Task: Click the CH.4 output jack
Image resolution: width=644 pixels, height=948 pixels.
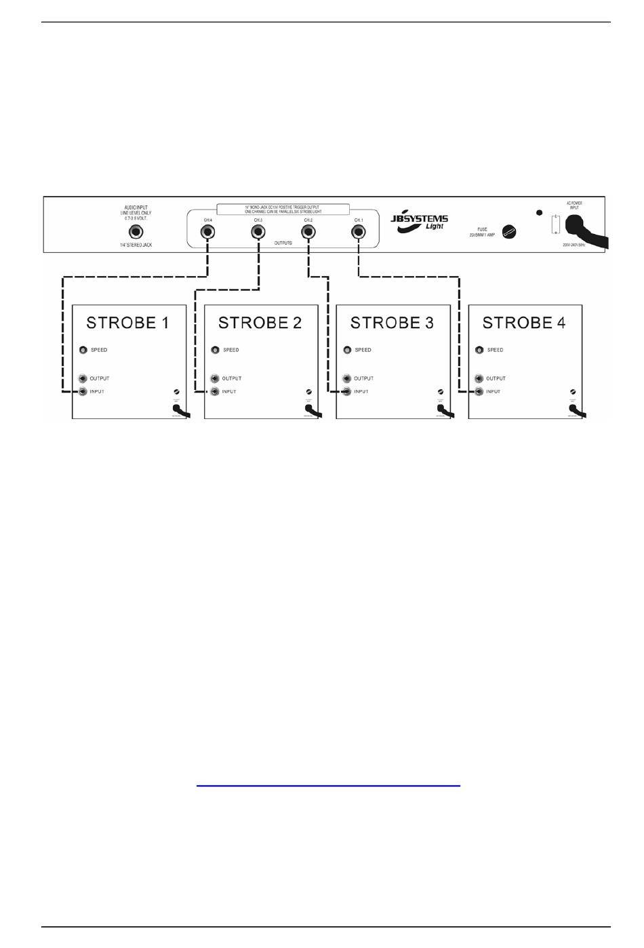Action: (206, 231)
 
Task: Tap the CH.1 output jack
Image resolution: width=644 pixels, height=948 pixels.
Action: (358, 231)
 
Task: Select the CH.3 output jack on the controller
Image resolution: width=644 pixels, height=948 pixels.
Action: (258, 231)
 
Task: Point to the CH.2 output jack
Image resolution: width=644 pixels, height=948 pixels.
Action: (308, 231)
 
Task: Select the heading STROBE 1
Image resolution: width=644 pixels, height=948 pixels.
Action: (127, 323)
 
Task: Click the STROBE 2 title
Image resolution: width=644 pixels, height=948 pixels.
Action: (260, 323)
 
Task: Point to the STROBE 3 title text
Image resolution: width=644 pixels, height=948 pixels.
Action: (392, 323)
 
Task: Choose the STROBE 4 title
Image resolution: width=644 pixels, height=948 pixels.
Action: (524, 323)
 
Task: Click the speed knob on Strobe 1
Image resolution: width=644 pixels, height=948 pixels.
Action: (83, 350)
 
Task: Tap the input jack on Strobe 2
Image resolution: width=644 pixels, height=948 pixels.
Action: (215, 391)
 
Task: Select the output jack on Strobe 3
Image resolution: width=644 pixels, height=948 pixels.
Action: (347, 378)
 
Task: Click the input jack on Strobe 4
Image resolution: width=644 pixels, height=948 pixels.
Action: (479, 391)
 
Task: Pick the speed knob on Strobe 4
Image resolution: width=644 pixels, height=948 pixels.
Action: (479, 350)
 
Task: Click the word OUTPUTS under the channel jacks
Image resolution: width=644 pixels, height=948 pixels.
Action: (283, 243)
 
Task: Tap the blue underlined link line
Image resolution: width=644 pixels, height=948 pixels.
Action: (328, 786)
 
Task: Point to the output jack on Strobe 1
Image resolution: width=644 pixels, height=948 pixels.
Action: (83, 378)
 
